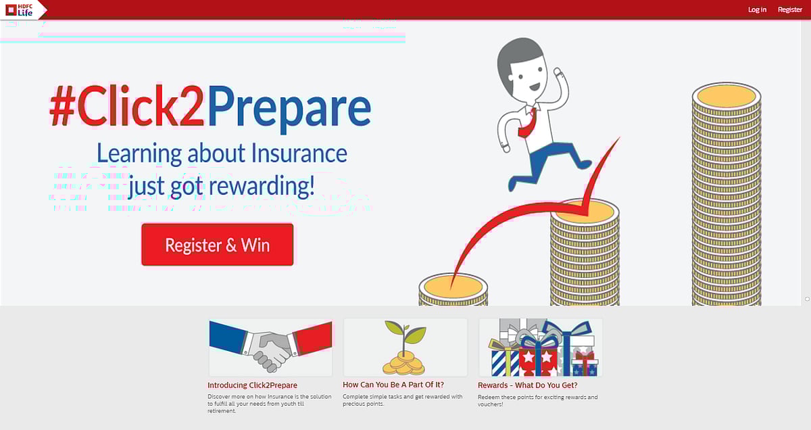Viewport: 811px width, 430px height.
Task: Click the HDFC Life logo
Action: pyautogui.click(x=20, y=9)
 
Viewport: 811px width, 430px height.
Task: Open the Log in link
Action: pyautogui.click(x=757, y=9)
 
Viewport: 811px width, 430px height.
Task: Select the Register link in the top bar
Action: pyautogui.click(x=789, y=9)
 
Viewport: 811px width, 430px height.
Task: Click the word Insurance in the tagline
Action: pyautogui.click(x=299, y=153)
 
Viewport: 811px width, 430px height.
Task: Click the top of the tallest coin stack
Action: pyautogui.click(x=727, y=95)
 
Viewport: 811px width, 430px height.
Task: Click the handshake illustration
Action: pyautogui.click(x=270, y=347)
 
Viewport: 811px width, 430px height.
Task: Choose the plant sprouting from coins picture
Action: pyautogui.click(x=405, y=347)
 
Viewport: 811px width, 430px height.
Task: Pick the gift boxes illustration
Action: pyautogui.click(x=541, y=347)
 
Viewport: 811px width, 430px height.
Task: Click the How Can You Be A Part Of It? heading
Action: pyautogui.click(x=393, y=385)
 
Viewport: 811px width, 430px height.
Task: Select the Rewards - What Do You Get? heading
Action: pyautogui.click(x=527, y=385)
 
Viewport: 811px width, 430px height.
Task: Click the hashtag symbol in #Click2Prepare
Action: pyautogui.click(x=63, y=108)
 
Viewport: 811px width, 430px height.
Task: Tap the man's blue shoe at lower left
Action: pyautogui.click(x=513, y=183)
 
